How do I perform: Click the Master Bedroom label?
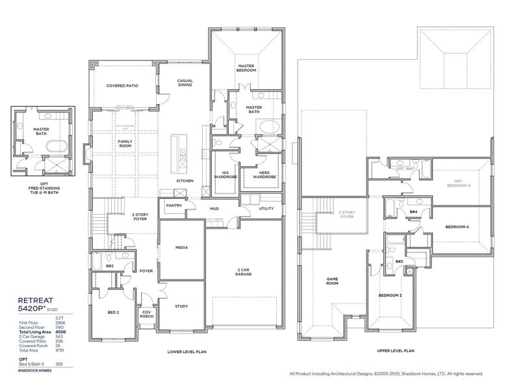coord(246,68)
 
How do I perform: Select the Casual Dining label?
coord(185,83)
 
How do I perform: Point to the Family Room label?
coord(125,143)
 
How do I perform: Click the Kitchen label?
coord(185,180)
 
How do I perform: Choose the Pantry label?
coord(174,205)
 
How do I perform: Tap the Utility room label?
coord(266,209)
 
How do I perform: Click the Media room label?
coord(182,248)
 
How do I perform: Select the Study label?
coord(182,305)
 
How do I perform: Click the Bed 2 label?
coord(112,313)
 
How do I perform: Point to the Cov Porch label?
coord(146,314)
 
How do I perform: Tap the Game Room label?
coord(332,281)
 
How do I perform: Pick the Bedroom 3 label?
coord(390,295)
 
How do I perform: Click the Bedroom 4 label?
coord(457,227)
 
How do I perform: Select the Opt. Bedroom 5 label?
coord(459,183)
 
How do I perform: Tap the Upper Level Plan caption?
coord(395,350)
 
